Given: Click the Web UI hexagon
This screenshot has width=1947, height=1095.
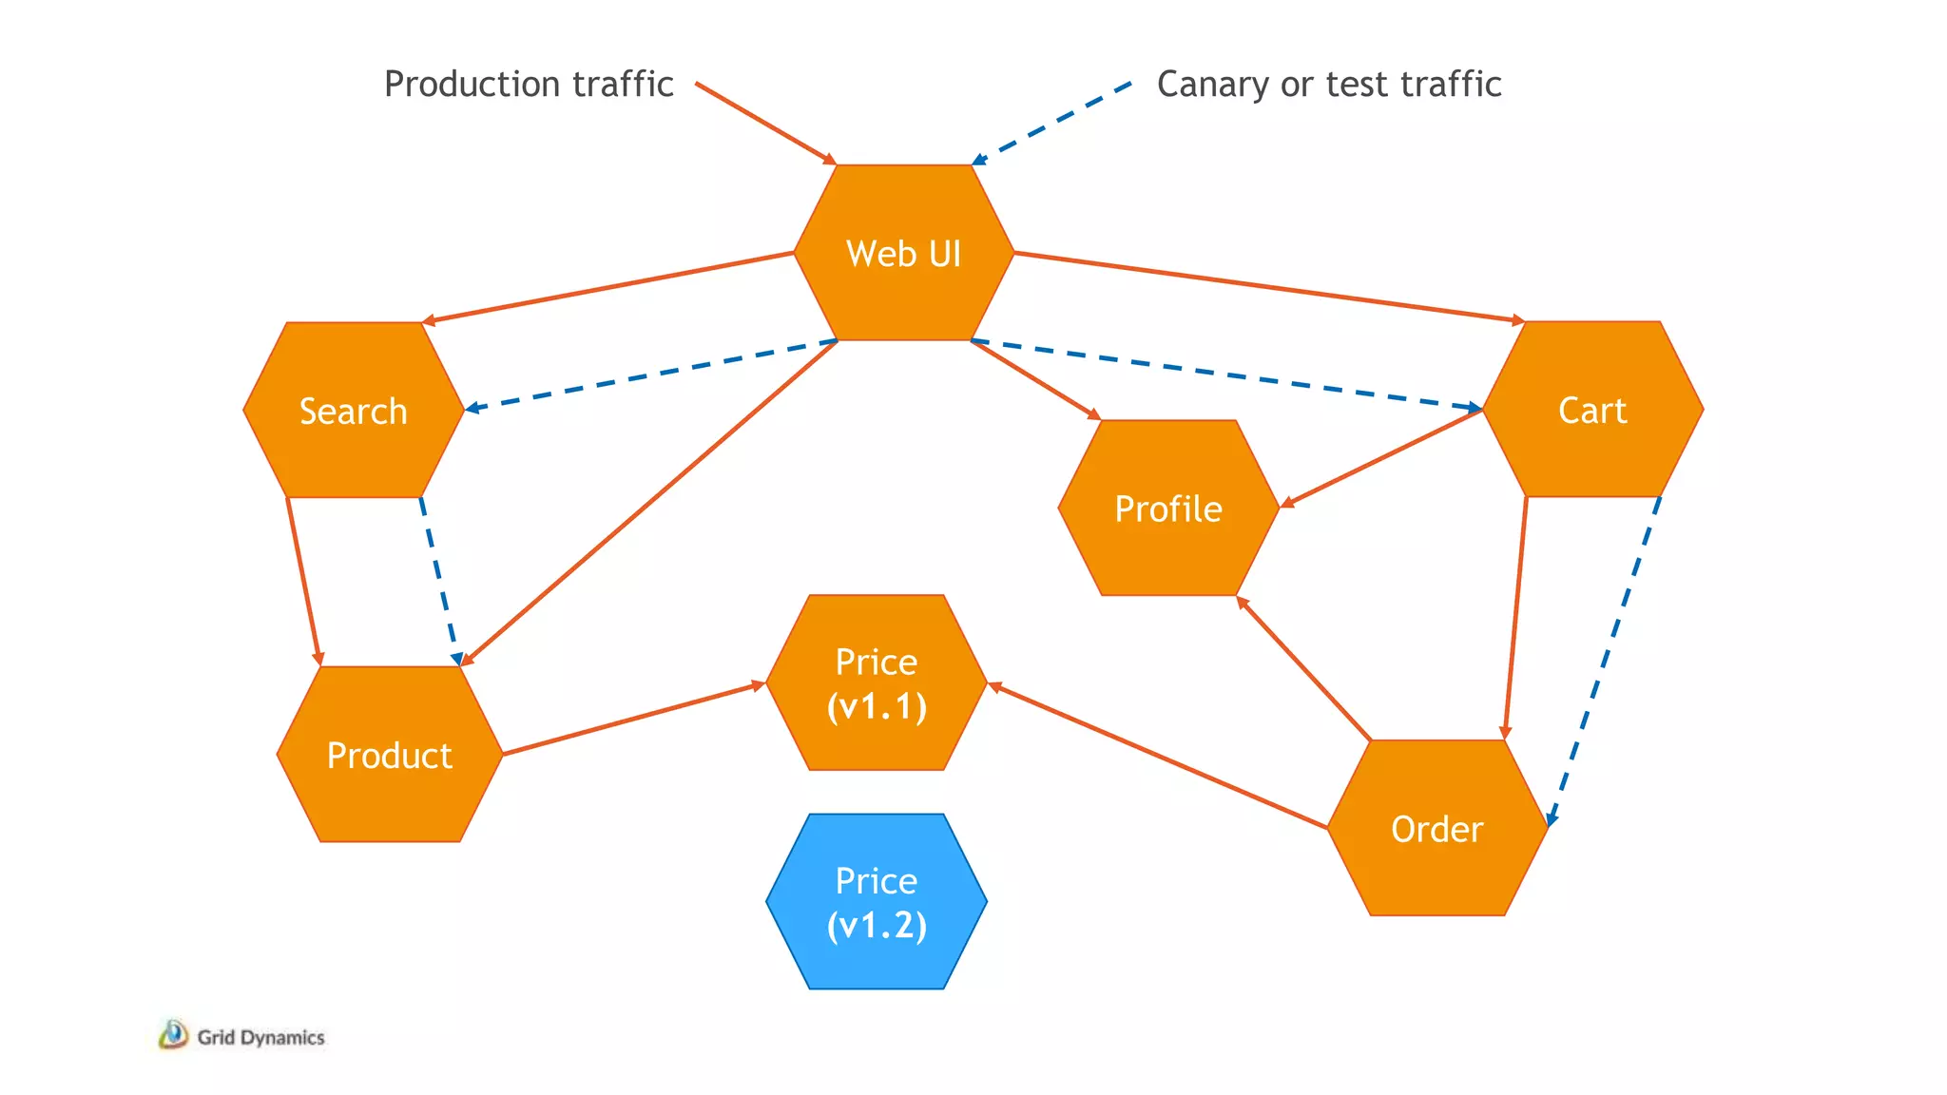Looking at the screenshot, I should coord(903,253).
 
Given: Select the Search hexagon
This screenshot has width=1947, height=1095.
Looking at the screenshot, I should coord(354,411).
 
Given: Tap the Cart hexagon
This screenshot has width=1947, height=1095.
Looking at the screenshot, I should coord(1592,410).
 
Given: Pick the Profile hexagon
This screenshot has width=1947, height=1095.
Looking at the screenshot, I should coord(1168,509).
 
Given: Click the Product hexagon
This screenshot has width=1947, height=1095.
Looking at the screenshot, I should coord(390,755).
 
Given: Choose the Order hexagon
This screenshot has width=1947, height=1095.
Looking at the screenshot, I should coord(1436,829).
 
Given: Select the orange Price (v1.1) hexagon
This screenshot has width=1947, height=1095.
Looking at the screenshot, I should coord(877,683).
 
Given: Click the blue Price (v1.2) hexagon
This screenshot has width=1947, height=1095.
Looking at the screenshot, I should coord(877,902).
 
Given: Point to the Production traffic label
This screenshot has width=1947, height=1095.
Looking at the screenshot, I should coord(529,84).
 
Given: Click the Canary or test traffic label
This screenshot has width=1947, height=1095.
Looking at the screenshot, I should coord(1328,84).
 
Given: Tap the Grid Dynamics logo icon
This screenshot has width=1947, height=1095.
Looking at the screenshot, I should coord(173,1035).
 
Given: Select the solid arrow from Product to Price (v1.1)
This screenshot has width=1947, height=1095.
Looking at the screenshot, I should coord(634,719).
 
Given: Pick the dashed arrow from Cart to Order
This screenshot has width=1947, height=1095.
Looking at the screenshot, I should coord(1605,661).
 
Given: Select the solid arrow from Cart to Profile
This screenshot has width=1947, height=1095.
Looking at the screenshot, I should coord(1382,458).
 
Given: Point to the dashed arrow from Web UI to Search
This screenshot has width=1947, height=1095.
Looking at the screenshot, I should coord(651,375).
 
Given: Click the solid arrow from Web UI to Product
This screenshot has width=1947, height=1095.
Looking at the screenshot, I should coord(649,502).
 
